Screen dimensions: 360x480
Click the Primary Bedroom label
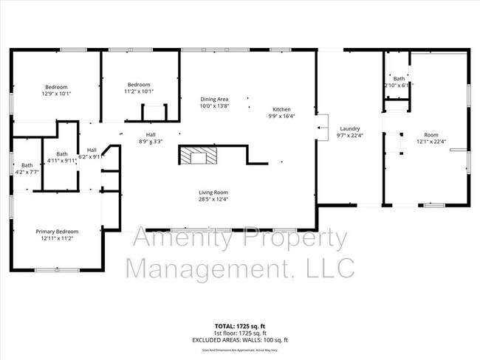click(x=57, y=231)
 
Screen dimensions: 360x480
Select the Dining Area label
click(x=215, y=99)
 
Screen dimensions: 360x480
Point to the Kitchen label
click(x=282, y=108)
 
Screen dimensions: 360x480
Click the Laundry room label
click(x=349, y=128)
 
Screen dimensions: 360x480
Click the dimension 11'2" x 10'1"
click(x=139, y=91)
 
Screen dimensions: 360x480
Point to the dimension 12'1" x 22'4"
click(x=432, y=142)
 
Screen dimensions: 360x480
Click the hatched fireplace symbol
click(x=199, y=155)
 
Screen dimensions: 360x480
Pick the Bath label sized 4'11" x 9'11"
click(x=62, y=153)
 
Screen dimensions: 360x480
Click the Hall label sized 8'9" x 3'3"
click(x=151, y=134)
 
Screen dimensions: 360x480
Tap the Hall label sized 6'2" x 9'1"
click(x=92, y=149)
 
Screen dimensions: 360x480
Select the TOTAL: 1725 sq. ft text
click(x=239, y=325)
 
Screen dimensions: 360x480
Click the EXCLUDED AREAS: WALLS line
click(x=239, y=339)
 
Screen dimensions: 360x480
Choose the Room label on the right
click(x=431, y=134)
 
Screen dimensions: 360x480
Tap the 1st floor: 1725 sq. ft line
click(x=239, y=333)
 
